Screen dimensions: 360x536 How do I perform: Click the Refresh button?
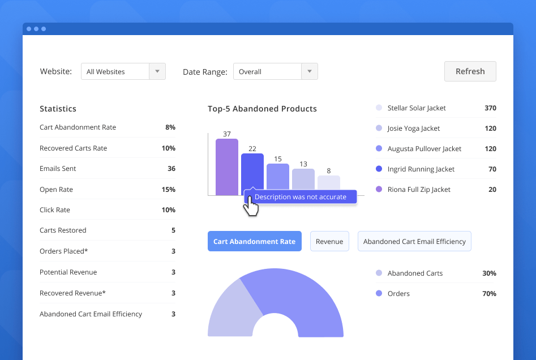pos(470,71)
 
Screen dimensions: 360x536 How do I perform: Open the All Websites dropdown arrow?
pos(157,72)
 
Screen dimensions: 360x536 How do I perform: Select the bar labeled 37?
pos(226,167)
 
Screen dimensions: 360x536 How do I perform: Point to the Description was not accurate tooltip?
pos(300,197)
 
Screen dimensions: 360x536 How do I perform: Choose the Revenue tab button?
pos(329,241)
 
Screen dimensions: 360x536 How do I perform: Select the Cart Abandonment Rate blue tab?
pos(254,241)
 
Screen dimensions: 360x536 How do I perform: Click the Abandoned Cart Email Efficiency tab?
pos(414,241)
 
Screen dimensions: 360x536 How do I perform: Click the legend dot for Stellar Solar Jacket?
pos(379,108)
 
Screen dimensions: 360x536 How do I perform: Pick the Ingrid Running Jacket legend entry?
pos(421,169)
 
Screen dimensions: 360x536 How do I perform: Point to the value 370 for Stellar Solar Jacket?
pos(490,108)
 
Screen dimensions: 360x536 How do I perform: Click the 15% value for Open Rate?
pos(168,190)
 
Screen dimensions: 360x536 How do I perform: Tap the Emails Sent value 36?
pos(171,169)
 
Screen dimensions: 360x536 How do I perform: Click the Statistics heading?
pos(58,109)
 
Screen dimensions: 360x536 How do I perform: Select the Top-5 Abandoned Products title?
pos(262,109)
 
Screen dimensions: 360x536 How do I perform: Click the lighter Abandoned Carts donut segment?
pos(226,311)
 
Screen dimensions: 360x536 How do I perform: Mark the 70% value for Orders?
pos(489,294)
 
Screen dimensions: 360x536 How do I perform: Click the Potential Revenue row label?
pos(68,272)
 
